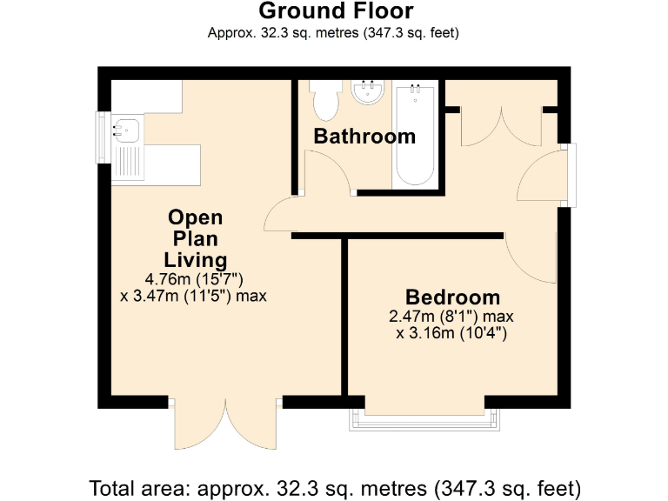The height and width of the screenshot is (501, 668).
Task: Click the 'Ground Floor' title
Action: [x=336, y=11]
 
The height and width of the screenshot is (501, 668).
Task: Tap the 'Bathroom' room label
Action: [x=364, y=137]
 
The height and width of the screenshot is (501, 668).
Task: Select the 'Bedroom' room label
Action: [x=452, y=297]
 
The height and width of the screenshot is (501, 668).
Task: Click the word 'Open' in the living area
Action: [x=195, y=217]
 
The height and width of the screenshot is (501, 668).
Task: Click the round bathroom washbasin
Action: [x=369, y=92]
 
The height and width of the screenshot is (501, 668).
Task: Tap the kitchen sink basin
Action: [x=125, y=130]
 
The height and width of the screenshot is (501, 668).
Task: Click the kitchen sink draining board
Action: [x=129, y=161]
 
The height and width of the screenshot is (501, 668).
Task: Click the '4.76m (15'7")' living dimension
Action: [x=193, y=279]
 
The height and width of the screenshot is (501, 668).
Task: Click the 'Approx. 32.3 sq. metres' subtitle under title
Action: [x=334, y=34]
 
